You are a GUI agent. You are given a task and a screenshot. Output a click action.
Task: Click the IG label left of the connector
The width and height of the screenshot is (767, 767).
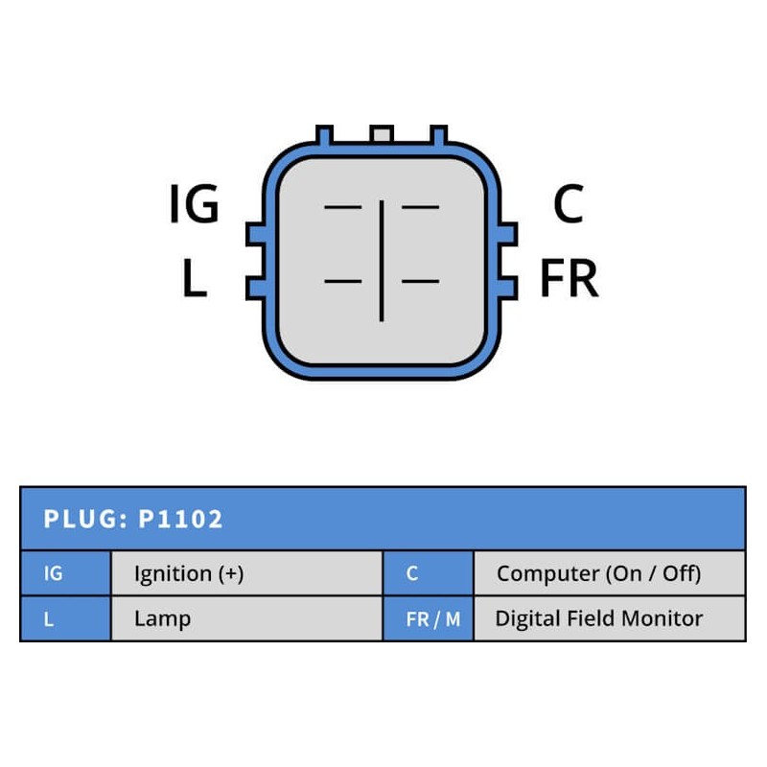195,205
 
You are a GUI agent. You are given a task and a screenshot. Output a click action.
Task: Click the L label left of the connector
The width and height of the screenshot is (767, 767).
195,279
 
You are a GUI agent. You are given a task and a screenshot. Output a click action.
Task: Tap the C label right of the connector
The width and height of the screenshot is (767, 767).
569,204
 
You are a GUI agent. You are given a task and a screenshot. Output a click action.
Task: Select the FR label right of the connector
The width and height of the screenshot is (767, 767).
569,279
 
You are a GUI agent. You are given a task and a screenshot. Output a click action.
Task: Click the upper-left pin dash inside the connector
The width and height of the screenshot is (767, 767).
343,206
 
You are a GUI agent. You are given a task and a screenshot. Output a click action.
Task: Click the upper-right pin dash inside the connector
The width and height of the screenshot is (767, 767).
420,206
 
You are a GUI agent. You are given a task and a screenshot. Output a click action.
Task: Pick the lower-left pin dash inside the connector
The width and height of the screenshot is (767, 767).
343,281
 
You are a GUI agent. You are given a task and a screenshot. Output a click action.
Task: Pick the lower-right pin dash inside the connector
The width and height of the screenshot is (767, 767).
420,281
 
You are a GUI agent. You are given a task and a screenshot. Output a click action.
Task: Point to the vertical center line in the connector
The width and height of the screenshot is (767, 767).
382,260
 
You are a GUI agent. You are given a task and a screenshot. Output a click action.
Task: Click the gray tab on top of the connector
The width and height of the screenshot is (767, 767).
382,134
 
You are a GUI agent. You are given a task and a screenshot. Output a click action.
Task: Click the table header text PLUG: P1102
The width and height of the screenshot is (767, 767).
133,520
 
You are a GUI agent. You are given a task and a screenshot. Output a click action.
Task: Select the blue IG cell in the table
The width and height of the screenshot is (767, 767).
65,573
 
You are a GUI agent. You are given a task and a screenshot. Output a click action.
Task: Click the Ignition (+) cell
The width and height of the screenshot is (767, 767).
246,573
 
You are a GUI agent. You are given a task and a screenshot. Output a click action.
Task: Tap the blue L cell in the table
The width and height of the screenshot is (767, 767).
65,618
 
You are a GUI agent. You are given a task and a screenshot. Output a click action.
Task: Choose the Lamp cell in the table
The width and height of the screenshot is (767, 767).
246,618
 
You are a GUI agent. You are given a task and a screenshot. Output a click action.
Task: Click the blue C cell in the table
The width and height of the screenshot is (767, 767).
428,573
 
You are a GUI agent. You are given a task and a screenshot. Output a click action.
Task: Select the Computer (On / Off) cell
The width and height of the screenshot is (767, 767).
609,573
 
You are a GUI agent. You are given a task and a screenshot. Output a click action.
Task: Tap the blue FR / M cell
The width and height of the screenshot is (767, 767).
428,618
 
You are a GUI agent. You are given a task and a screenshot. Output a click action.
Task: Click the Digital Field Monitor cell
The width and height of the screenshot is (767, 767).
609,618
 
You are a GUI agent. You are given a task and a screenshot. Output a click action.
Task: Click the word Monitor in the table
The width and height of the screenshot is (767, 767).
662,618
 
